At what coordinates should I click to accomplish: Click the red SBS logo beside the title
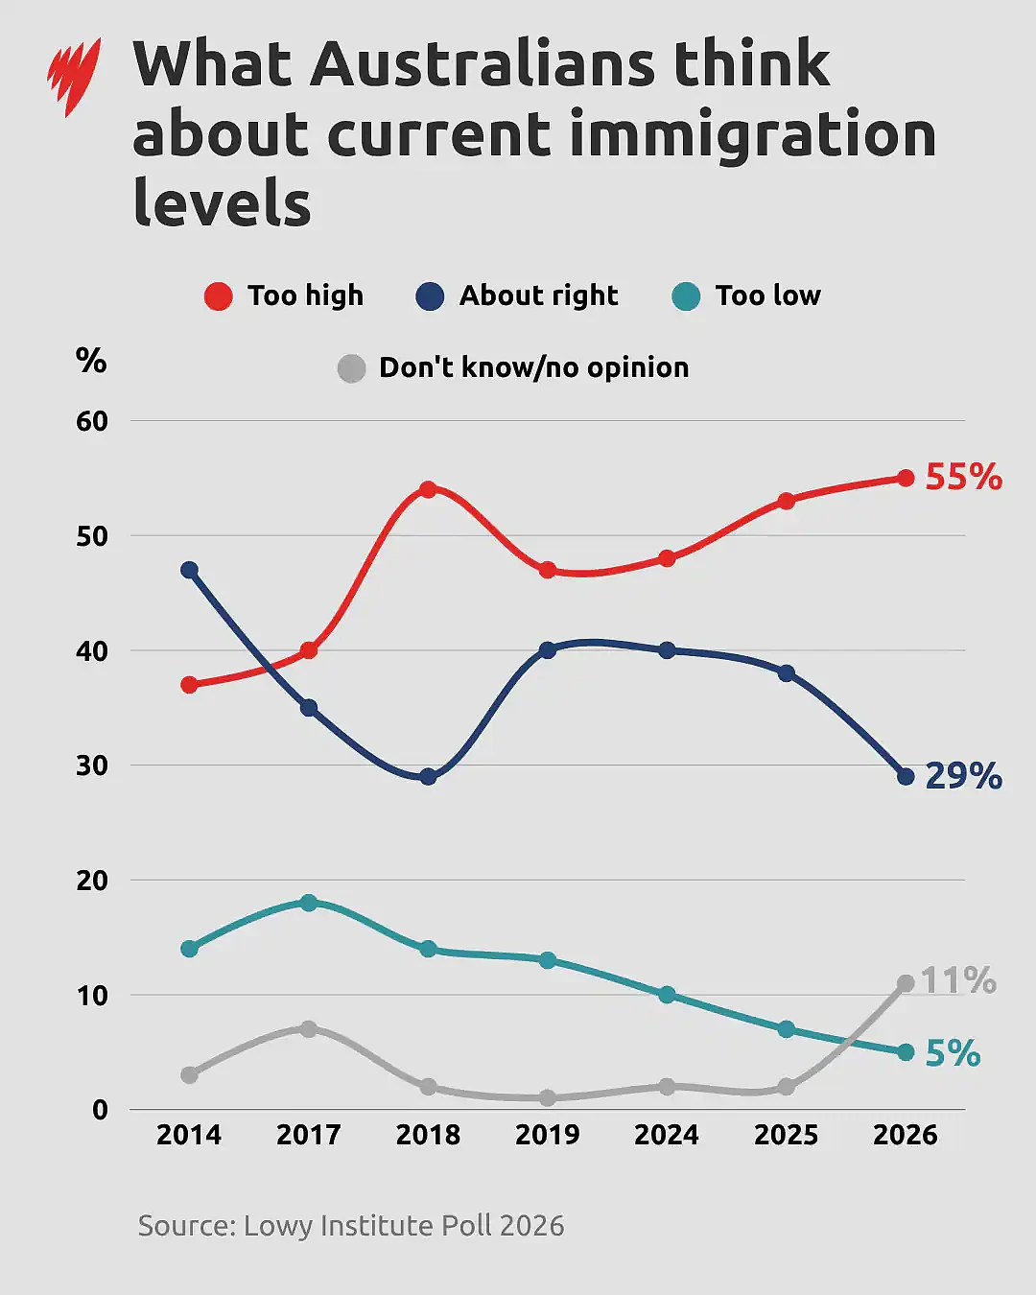click(74, 77)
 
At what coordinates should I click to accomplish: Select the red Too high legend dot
click(219, 296)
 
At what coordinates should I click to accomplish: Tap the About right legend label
click(539, 295)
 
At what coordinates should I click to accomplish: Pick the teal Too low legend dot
click(686, 296)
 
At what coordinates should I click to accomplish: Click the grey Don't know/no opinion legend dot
click(351, 368)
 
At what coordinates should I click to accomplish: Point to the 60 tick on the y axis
click(92, 421)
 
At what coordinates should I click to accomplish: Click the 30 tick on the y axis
click(92, 765)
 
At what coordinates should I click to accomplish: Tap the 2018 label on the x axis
click(428, 1135)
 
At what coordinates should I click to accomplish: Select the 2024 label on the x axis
click(667, 1135)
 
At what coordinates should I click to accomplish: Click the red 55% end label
click(964, 477)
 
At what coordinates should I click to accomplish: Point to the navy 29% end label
click(964, 776)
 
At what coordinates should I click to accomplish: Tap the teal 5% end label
click(953, 1053)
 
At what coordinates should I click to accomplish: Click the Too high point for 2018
click(428, 489)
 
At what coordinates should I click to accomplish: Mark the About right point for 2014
click(190, 570)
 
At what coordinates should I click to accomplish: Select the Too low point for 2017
click(309, 903)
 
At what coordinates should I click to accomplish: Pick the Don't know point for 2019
click(547, 1098)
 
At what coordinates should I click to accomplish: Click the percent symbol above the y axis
click(91, 361)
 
